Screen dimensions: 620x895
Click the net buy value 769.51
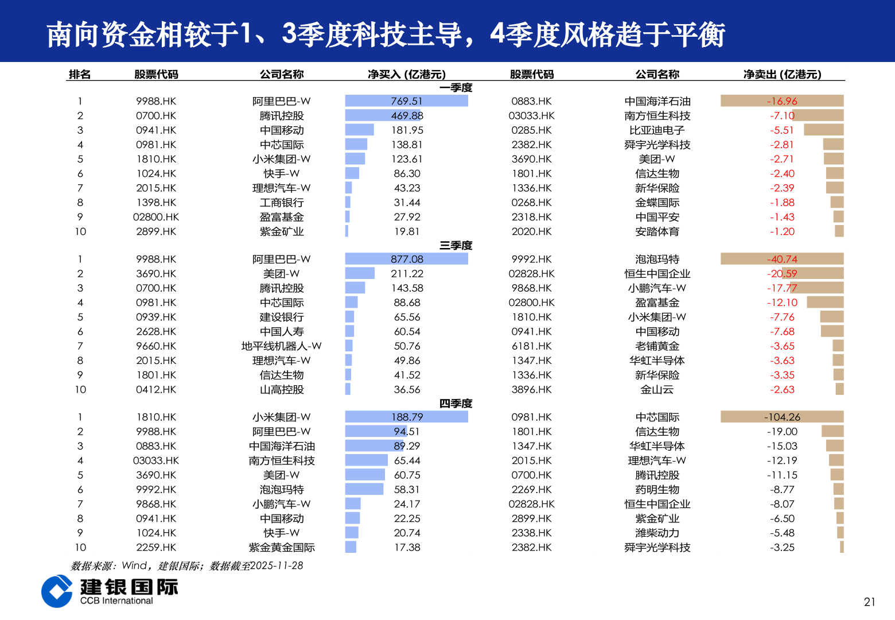(x=407, y=101)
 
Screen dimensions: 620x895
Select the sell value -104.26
(x=782, y=417)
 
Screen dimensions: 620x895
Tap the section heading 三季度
(x=456, y=246)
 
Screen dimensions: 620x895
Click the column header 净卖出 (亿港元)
(x=782, y=75)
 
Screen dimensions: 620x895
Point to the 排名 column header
(x=80, y=75)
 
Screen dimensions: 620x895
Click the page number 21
(x=869, y=602)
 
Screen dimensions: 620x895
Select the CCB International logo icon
(x=56, y=591)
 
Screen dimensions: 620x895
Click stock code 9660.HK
(x=156, y=346)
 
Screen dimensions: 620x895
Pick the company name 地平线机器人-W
(x=281, y=346)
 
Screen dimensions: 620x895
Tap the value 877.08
(x=407, y=259)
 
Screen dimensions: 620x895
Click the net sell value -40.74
(x=782, y=259)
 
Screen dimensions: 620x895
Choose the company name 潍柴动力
(x=657, y=533)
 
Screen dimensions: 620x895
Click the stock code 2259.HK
(x=156, y=548)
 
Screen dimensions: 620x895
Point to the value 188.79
(x=407, y=417)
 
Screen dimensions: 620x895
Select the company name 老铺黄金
(x=657, y=346)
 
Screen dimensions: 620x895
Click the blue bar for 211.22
(x=360, y=274)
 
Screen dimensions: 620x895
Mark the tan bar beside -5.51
(x=823, y=130)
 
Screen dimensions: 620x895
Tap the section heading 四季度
(x=456, y=404)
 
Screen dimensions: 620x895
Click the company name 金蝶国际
(x=657, y=203)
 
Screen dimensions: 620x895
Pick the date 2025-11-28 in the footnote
(x=277, y=566)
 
